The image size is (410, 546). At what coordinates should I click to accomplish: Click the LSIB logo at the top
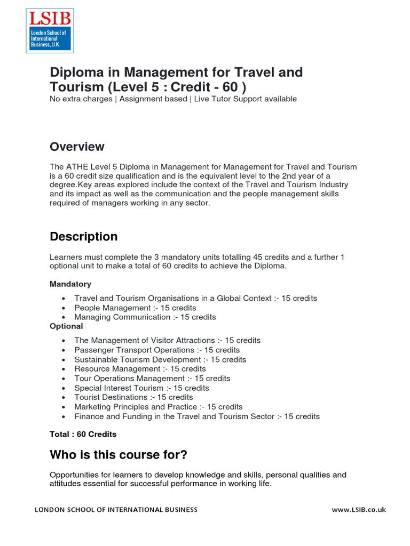(x=50, y=30)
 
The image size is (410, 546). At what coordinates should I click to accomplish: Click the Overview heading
(x=77, y=147)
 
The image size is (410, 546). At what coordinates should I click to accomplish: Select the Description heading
(x=83, y=236)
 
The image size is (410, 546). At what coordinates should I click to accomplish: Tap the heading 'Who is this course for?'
(x=119, y=454)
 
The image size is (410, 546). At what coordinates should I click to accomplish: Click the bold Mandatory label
(x=70, y=284)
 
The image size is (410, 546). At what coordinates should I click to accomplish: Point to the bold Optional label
(x=66, y=326)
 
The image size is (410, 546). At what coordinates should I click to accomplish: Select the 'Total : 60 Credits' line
(x=83, y=434)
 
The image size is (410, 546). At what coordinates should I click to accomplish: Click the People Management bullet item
(x=135, y=308)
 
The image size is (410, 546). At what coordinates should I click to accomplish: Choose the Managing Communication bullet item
(x=145, y=317)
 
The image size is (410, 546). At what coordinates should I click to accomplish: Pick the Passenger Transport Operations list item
(x=157, y=350)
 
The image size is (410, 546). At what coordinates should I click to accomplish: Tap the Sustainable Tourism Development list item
(x=160, y=359)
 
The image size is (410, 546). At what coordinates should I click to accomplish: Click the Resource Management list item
(x=140, y=368)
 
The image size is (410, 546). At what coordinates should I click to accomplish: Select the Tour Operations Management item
(x=152, y=378)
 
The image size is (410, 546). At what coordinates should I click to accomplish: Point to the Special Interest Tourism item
(x=141, y=388)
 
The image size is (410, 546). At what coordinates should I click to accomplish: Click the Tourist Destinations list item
(x=133, y=397)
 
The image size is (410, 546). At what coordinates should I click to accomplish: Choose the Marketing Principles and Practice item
(x=158, y=406)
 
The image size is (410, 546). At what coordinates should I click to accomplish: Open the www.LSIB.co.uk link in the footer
(x=359, y=510)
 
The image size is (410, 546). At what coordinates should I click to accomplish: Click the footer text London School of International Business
(x=116, y=510)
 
